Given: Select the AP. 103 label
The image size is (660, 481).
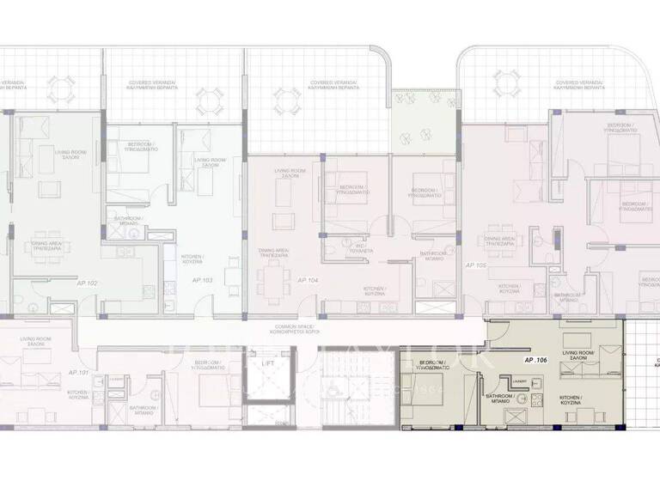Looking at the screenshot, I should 203,280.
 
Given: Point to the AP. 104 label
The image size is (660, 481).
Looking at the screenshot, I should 308,280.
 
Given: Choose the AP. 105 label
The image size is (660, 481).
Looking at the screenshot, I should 475,265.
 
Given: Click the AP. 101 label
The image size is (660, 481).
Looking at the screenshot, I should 77,372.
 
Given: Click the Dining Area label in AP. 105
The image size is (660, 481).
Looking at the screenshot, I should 500,242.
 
